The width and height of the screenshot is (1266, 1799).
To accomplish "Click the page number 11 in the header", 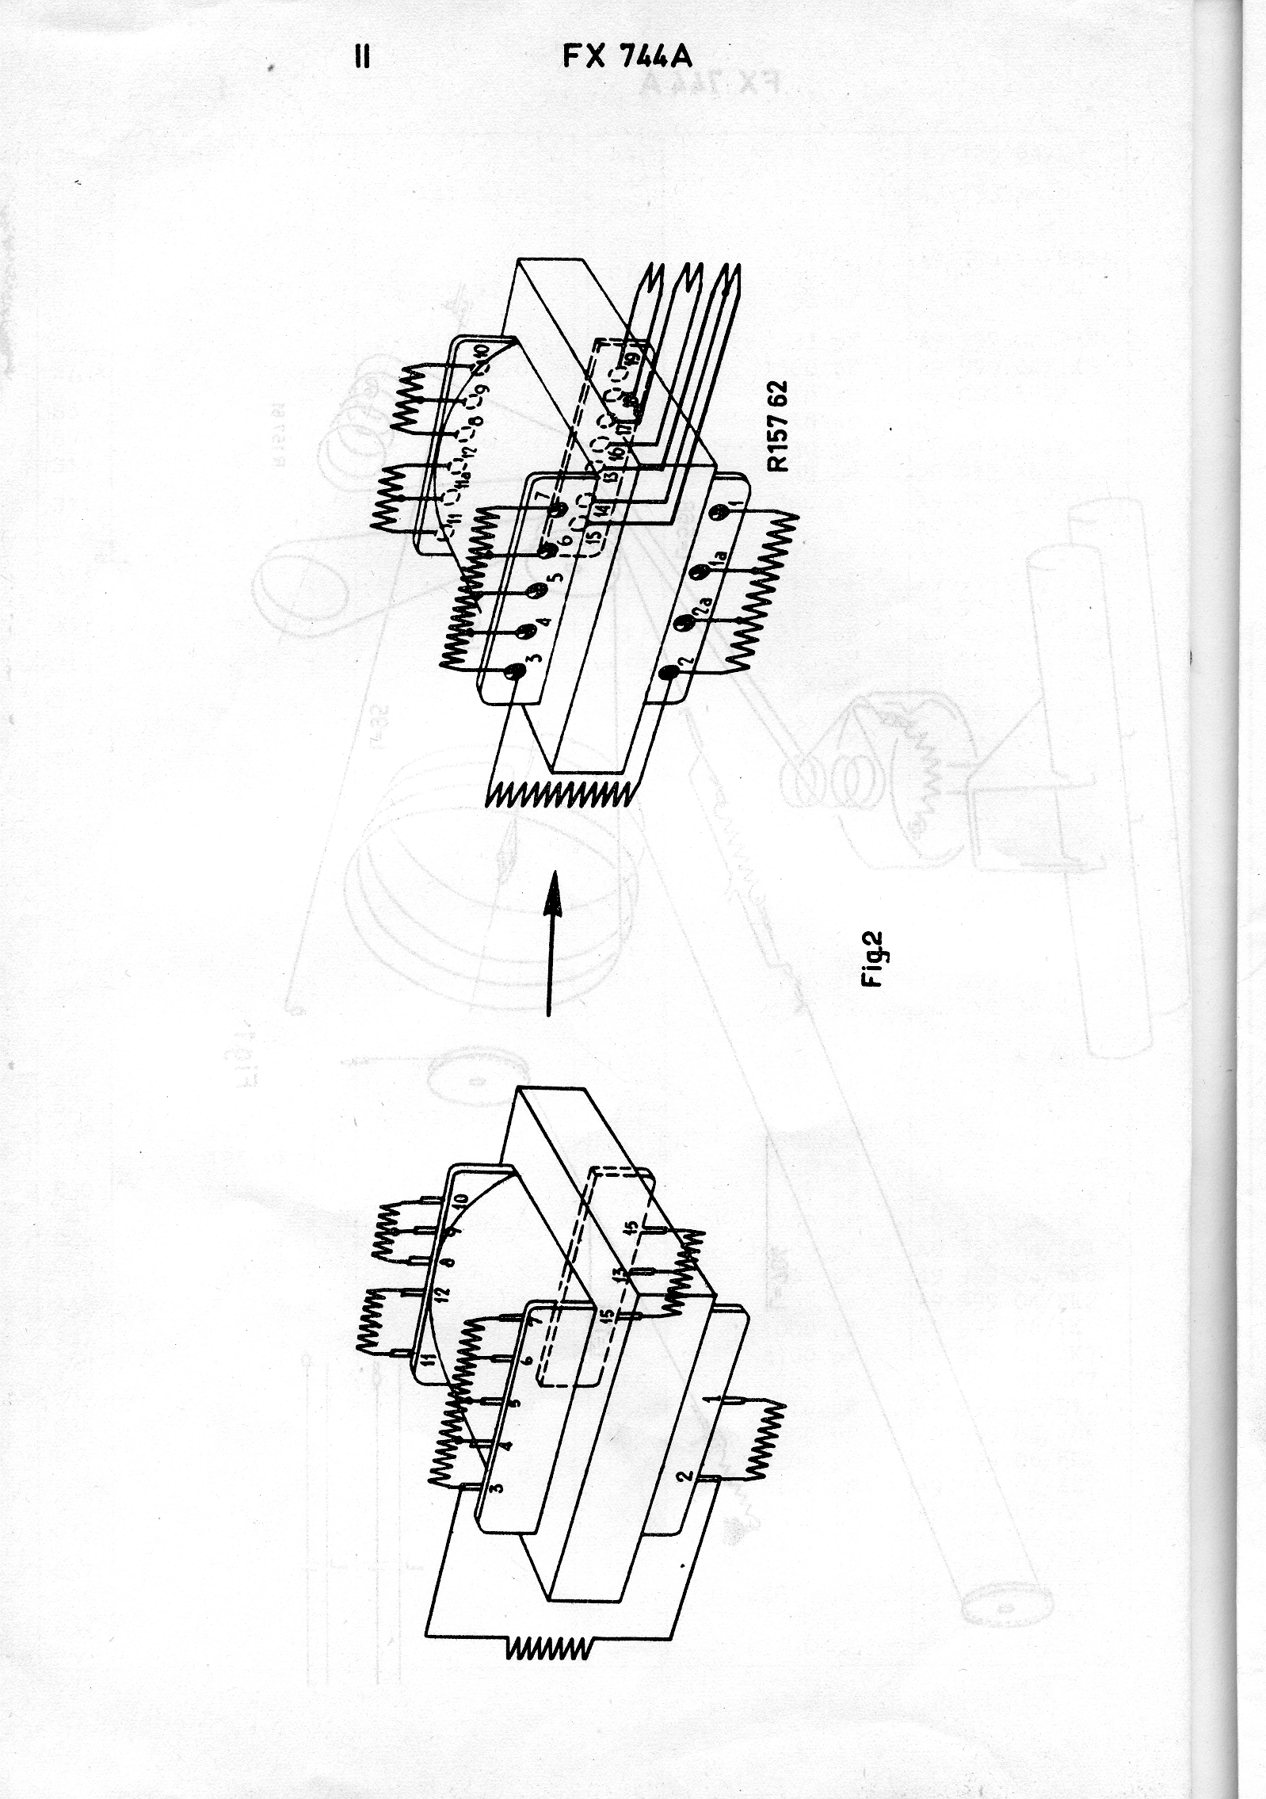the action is (x=363, y=58).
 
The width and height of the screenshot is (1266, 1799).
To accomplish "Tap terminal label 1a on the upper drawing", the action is (x=718, y=565).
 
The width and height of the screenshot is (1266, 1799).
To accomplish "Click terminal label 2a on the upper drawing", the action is (x=701, y=615).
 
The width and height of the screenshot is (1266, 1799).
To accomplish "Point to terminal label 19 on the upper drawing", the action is (x=634, y=358).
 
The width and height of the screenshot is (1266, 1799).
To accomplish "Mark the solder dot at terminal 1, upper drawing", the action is (x=718, y=514).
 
